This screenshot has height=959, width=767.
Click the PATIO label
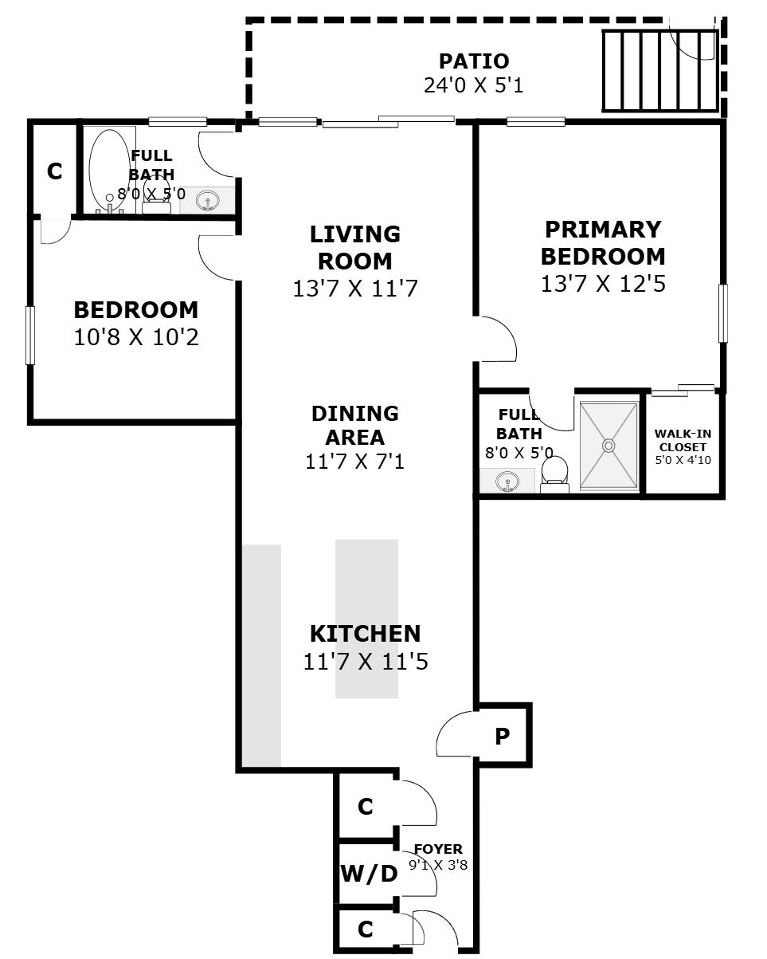coord(473,61)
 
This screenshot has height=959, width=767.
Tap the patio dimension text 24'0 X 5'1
coord(473,85)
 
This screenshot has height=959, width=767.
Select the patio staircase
coord(660,70)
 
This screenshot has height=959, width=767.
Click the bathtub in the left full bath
coord(110,169)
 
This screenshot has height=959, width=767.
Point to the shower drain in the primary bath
coord(609,445)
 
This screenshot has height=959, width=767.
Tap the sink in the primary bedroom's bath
coord(507,481)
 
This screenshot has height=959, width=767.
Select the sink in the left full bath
coord(208,200)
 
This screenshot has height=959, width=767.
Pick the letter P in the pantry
coord(502,737)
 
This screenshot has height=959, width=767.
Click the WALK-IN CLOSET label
coord(683,440)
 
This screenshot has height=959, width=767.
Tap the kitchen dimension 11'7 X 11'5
coord(366,662)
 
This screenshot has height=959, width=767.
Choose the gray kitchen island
coord(366,619)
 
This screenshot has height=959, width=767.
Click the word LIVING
coord(355,234)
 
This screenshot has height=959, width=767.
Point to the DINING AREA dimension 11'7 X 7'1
coord(355,462)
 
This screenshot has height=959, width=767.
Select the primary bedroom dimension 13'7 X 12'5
coord(603,284)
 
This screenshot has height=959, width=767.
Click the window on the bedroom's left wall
coord(29,335)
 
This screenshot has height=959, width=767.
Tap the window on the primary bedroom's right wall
coord(723,313)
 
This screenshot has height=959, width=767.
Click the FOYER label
coord(438,849)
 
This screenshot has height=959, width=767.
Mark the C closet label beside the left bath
coord(54,171)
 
